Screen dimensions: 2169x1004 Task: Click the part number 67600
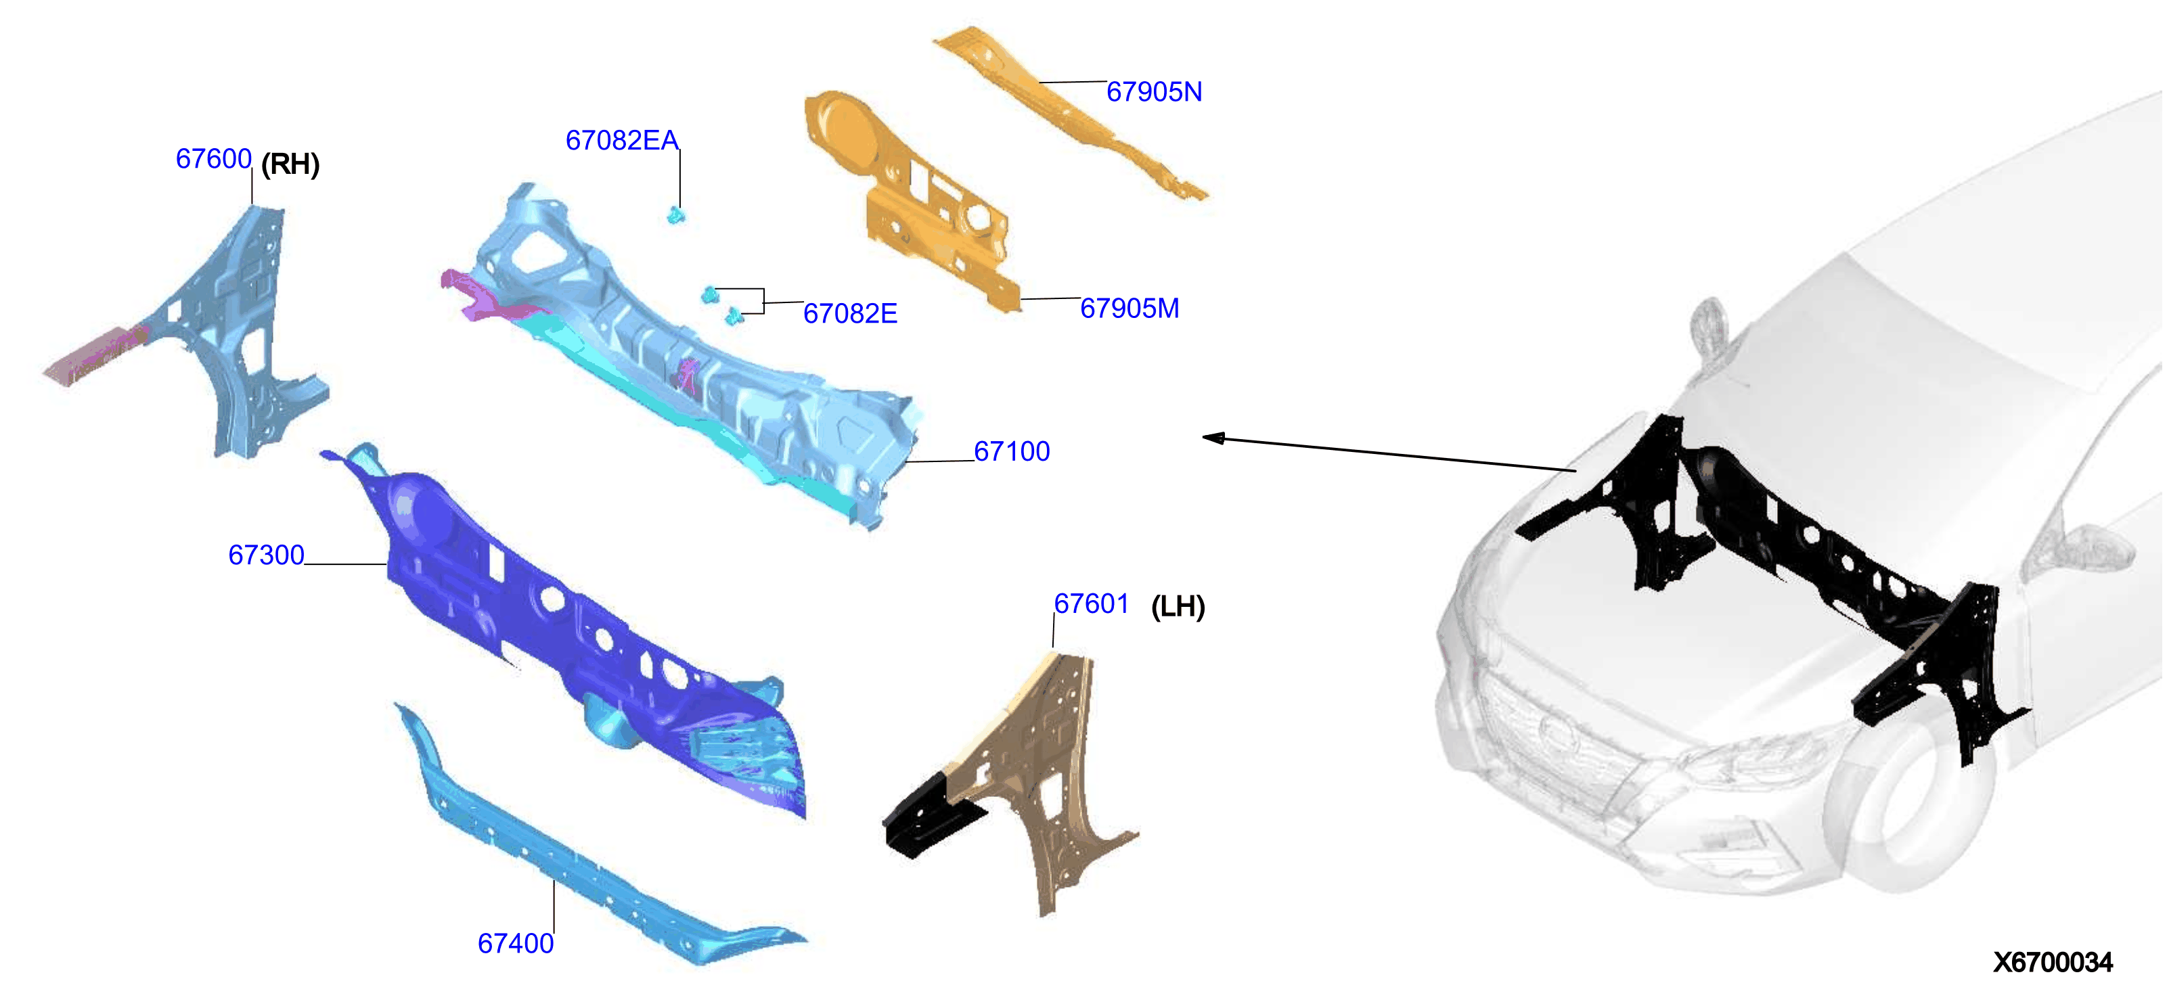pos(213,158)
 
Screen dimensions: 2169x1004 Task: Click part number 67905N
pos(1154,92)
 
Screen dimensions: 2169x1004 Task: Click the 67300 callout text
pos(266,555)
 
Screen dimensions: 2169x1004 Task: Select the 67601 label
pos(1091,603)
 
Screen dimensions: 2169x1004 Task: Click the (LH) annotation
pos(1178,607)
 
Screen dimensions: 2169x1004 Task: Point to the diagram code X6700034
pos(2052,962)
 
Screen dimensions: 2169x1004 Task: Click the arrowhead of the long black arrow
pos(1213,438)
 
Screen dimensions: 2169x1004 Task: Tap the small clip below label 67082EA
pos(676,215)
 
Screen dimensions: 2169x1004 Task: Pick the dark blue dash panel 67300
pos(573,623)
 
